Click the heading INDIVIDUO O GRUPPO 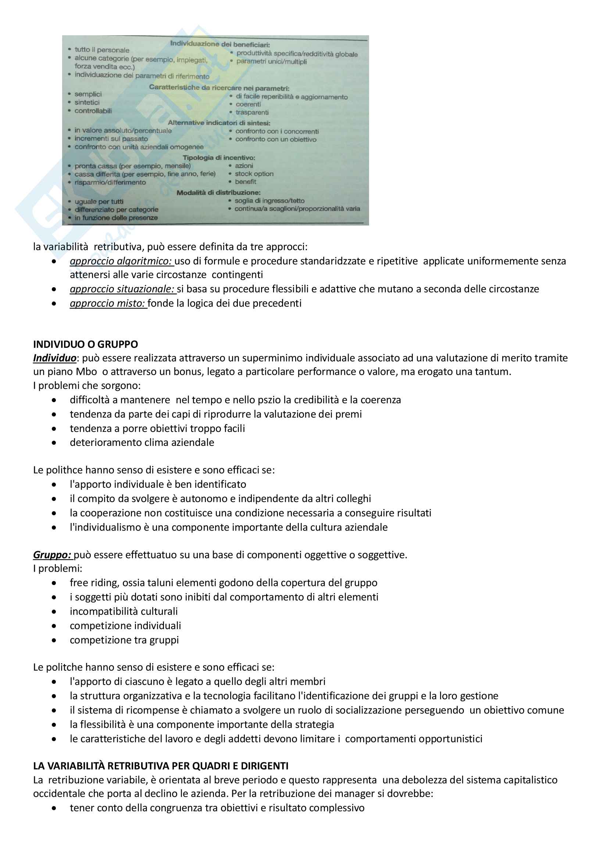tap(85, 344)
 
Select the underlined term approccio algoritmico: tap(121, 261)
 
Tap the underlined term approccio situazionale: tap(122, 289)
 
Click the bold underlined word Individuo tap(55, 358)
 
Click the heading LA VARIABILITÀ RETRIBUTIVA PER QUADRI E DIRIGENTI tap(161, 766)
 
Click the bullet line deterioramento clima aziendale tap(142, 442)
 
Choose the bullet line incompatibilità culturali tap(124, 611)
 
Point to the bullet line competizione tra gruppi tap(124, 640)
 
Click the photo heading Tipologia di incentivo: tap(219, 158)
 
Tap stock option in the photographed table tap(254, 174)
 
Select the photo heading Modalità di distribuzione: tap(218, 193)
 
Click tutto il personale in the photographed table tap(102, 50)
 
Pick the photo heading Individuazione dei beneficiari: tap(220, 44)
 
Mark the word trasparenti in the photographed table tap(252, 112)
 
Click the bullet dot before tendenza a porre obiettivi tap(54, 429)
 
